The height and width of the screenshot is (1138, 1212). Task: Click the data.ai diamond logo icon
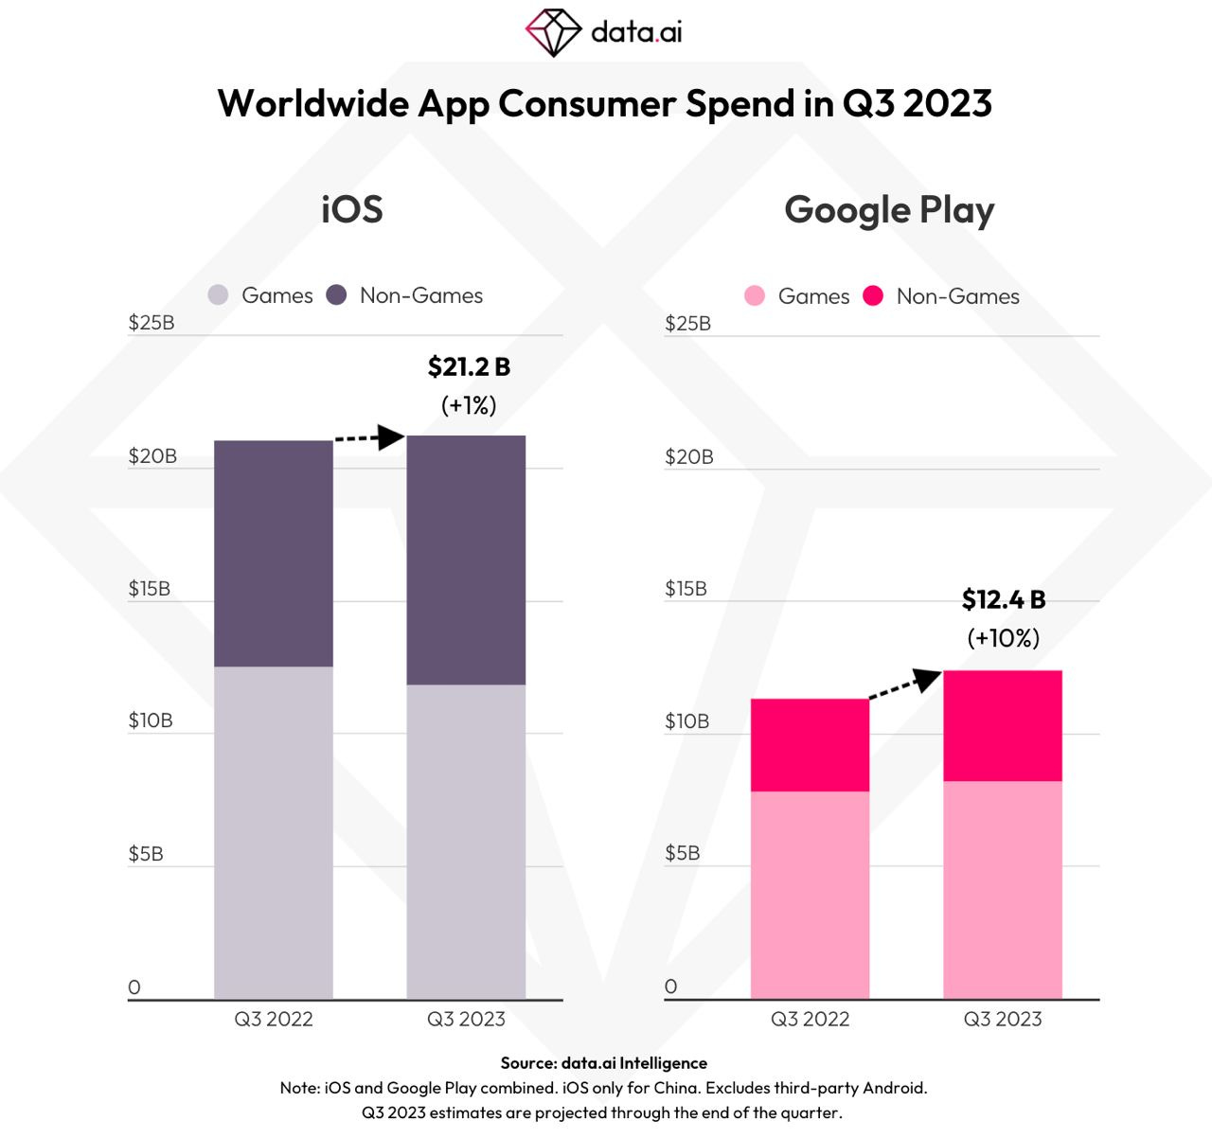click(x=553, y=32)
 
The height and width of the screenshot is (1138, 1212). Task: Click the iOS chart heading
click(x=352, y=209)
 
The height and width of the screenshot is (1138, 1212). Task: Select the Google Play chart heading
click(x=889, y=210)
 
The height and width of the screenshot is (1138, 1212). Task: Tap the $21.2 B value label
click(x=469, y=366)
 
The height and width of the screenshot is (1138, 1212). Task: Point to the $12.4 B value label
click(x=1004, y=599)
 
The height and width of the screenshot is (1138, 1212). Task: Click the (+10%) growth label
click(x=1004, y=638)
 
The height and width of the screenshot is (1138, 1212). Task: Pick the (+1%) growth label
click(x=469, y=405)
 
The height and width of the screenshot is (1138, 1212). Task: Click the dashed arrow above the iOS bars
click(x=369, y=437)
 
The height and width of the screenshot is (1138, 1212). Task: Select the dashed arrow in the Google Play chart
click(x=905, y=683)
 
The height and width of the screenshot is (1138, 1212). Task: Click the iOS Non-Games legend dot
click(x=336, y=295)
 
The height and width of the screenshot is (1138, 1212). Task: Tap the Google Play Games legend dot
click(x=755, y=296)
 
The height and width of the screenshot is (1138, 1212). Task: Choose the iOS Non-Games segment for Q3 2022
click(x=274, y=554)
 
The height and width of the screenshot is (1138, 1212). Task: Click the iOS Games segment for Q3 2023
click(x=466, y=841)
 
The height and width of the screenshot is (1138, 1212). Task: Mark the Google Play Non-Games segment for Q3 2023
click(x=1003, y=725)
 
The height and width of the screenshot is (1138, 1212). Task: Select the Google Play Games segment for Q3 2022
click(x=810, y=895)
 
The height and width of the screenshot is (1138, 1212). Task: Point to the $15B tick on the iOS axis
click(x=150, y=589)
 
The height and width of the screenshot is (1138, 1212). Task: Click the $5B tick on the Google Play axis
click(x=683, y=853)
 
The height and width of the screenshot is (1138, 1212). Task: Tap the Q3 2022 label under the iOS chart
click(x=274, y=1020)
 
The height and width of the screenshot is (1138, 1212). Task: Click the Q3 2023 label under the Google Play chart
click(x=1003, y=1020)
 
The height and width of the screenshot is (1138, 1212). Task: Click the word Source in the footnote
click(x=527, y=1063)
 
